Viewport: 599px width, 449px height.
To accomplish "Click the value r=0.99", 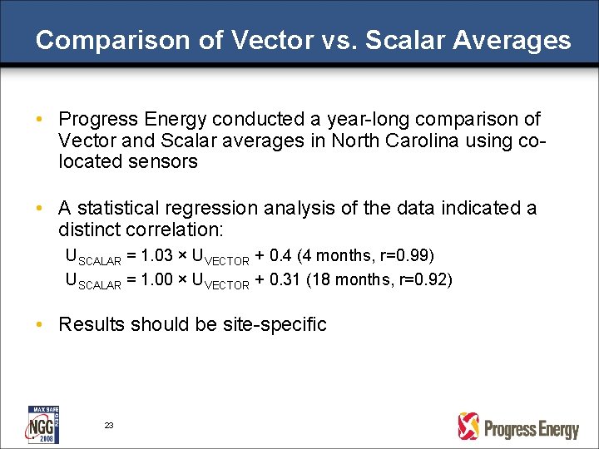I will [x=408, y=254].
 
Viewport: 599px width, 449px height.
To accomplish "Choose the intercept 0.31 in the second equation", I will [x=286, y=279].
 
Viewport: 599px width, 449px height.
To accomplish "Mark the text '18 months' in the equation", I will [x=347, y=279].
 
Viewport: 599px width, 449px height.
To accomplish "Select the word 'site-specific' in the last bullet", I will [x=275, y=324].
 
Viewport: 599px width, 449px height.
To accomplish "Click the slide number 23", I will [x=109, y=425].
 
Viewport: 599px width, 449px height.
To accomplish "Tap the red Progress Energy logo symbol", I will [x=468, y=426].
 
